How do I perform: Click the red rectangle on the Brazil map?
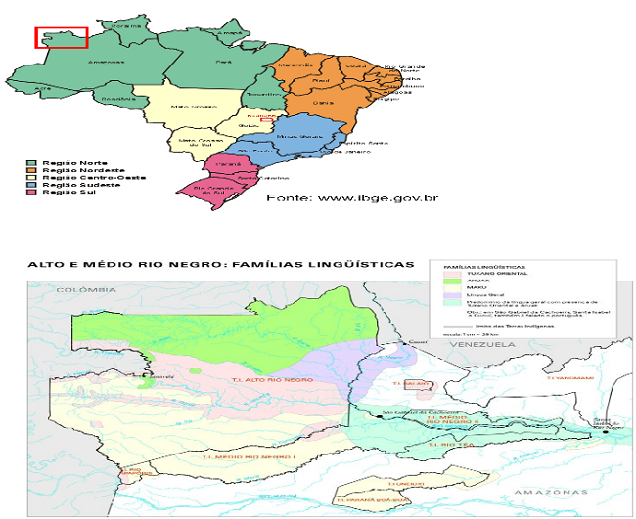point(62,37)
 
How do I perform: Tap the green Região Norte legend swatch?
point(32,162)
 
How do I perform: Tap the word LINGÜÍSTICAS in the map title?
point(352,264)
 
